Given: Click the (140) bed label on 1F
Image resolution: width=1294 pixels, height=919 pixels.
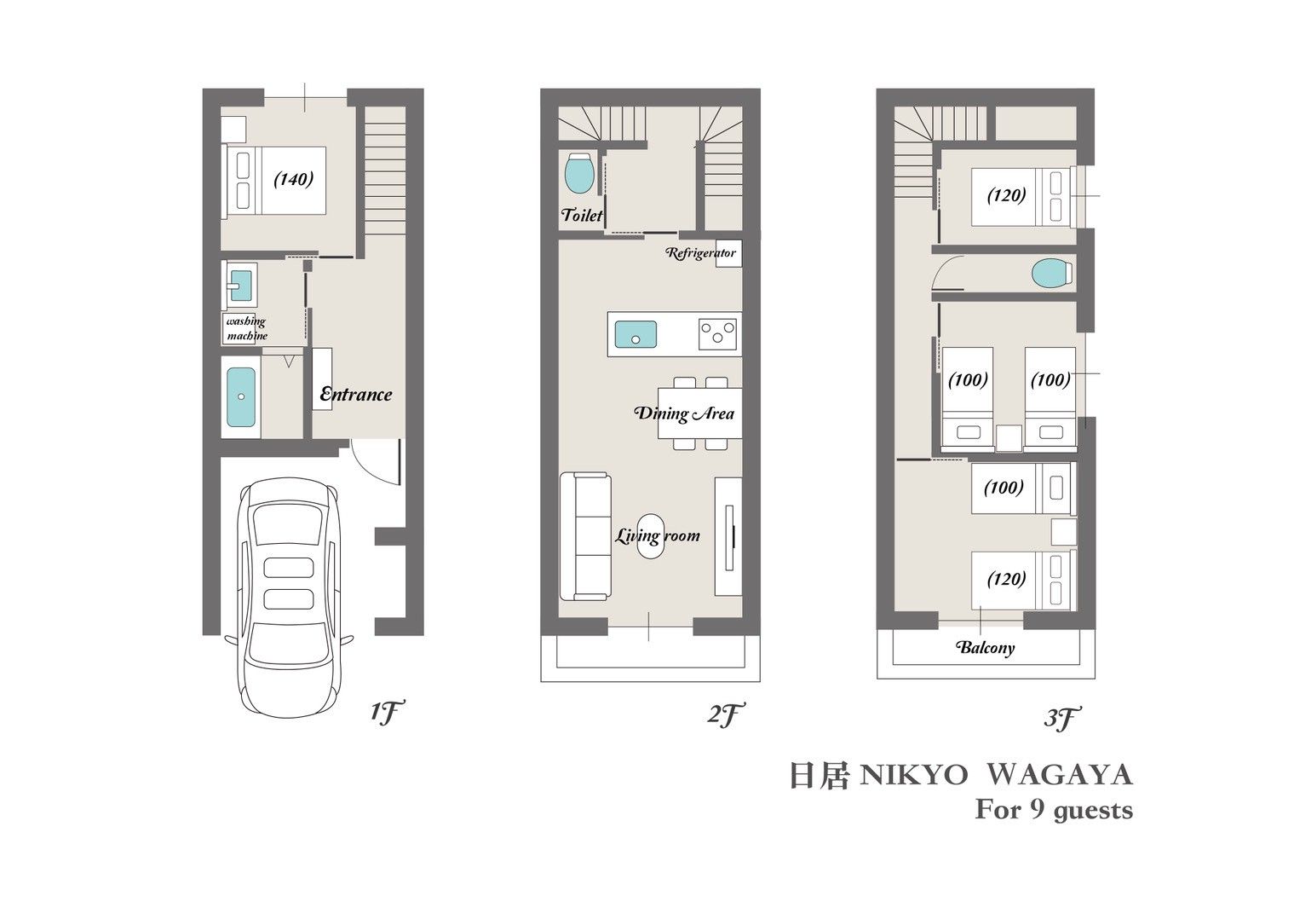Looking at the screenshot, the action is [x=293, y=179].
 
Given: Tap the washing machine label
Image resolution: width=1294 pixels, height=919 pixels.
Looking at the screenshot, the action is [x=247, y=328].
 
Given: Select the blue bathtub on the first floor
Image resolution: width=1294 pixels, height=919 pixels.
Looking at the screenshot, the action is [x=241, y=397].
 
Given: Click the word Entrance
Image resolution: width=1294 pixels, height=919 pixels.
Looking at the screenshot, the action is [x=356, y=394].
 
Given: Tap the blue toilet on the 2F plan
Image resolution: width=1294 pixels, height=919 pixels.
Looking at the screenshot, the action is [x=578, y=173].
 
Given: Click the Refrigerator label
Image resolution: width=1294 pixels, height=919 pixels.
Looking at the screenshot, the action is [x=701, y=252].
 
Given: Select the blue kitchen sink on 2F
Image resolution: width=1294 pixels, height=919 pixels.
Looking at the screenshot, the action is [x=635, y=335].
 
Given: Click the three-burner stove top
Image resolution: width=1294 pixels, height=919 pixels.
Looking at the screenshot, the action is [x=717, y=334].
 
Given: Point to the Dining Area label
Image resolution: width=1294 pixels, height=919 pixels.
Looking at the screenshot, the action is [x=685, y=413].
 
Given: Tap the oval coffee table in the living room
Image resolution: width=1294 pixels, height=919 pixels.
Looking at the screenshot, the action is [x=651, y=536].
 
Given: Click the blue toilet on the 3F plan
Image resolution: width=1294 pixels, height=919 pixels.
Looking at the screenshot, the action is [x=1051, y=273].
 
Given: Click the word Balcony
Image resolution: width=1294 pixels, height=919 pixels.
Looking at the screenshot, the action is [x=986, y=647].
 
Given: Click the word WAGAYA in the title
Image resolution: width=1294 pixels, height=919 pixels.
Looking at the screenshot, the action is [x=1059, y=775].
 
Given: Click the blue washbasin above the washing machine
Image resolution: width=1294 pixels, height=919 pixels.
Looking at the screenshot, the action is [x=241, y=286].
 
